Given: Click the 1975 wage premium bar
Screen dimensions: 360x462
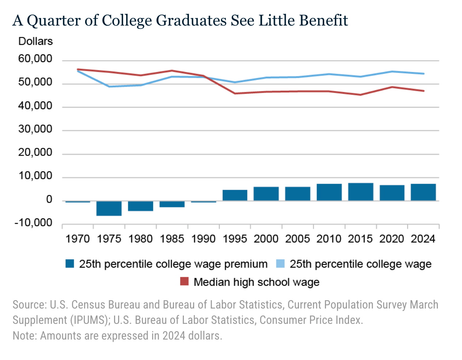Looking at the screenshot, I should [x=109, y=208].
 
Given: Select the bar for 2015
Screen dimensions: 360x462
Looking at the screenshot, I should [x=360, y=192].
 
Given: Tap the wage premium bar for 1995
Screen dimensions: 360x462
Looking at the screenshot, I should [x=235, y=195].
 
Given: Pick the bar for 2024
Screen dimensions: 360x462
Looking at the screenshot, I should [x=423, y=192].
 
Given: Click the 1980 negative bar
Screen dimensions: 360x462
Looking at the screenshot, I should [x=140, y=206].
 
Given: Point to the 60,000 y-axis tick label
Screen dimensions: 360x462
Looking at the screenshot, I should [x=35, y=59].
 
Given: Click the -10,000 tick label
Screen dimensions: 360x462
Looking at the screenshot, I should [x=33, y=223].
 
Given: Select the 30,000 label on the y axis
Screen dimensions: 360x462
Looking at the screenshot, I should [x=35, y=130].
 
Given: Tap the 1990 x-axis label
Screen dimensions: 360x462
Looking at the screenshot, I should [x=203, y=239].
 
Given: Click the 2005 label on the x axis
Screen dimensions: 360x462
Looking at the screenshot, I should [x=298, y=239].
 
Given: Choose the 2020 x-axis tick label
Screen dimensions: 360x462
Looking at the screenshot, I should [x=392, y=239].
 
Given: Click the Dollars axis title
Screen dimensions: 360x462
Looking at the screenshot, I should [x=35, y=41].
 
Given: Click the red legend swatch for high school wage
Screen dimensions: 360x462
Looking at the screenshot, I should [x=185, y=282].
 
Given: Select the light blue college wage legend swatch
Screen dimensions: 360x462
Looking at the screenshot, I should [x=280, y=264].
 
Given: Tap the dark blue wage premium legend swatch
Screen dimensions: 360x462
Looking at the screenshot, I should [x=70, y=264].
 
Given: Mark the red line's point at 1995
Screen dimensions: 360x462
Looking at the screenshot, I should [x=235, y=93].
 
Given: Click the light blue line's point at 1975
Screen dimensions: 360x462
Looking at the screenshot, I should [x=109, y=87].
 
